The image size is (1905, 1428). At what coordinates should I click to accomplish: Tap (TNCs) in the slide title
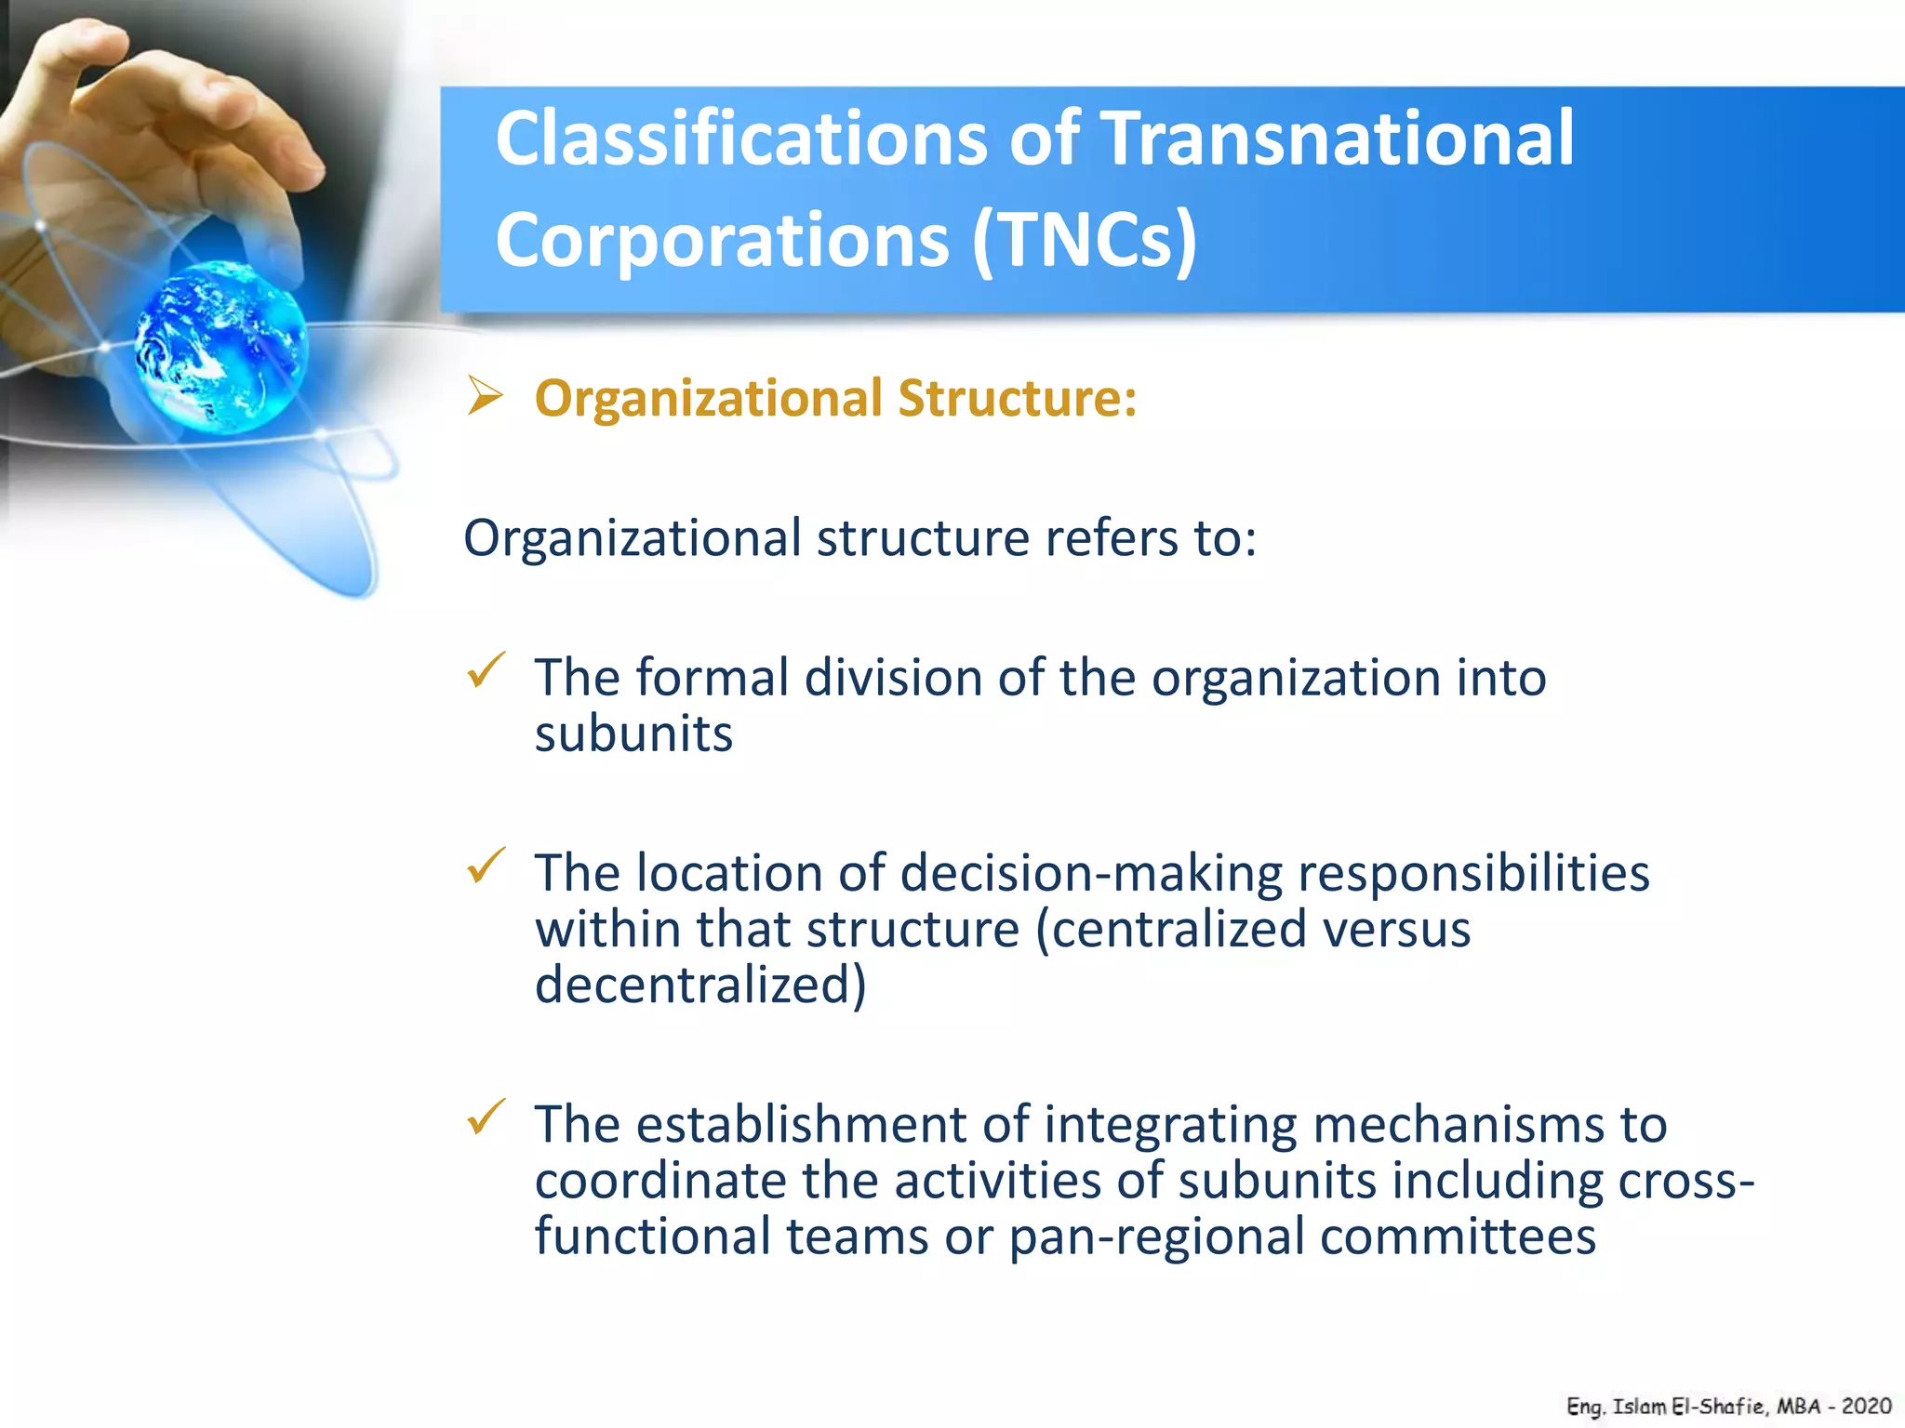click(1085, 241)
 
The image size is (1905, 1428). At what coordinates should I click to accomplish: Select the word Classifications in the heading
click(740, 139)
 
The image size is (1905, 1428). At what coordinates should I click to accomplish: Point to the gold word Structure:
click(1018, 399)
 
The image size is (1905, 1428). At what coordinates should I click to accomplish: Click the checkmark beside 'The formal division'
click(486, 670)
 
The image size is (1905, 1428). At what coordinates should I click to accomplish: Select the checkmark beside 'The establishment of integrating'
click(486, 1117)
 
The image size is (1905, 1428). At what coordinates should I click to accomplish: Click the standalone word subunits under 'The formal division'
click(633, 734)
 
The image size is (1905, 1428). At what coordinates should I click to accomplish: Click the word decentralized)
click(700, 985)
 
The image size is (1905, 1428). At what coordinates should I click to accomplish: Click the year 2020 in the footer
click(1866, 1407)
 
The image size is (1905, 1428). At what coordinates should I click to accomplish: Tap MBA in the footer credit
click(1798, 1407)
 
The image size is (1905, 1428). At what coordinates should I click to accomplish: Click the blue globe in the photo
click(221, 347)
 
